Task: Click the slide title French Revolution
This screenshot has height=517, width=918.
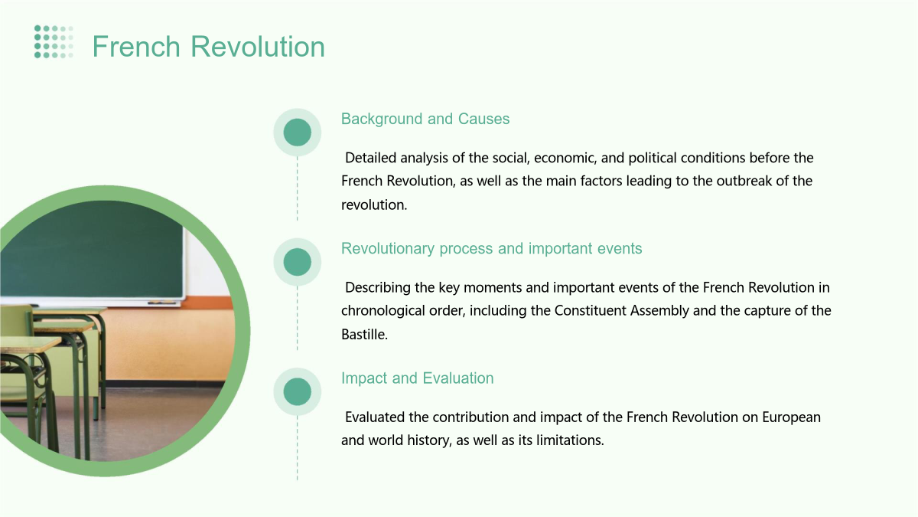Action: [209, 47]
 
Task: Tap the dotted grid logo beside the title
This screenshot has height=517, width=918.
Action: [54, 42]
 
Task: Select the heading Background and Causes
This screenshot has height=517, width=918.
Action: [425, 119]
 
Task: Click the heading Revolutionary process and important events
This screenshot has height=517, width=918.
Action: [491, 249]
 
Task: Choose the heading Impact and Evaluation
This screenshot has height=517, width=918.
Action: [417, 378]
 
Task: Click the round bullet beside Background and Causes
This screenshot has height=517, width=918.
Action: [297, 132]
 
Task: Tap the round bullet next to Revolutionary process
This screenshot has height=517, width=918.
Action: [297, 262]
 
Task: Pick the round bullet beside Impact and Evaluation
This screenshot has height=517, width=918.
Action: [297, 391]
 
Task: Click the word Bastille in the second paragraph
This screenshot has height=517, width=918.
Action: [364, 335]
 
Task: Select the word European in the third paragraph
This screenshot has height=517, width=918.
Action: [791, 417]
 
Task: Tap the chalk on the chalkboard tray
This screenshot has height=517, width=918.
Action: [161, 303]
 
